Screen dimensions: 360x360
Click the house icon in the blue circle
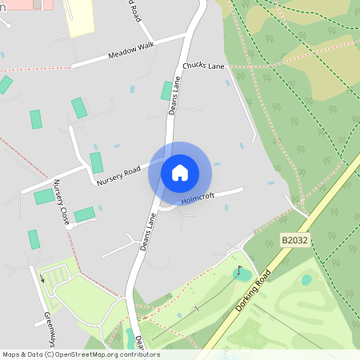coord(180,172)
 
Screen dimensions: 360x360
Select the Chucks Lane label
coord(203,66)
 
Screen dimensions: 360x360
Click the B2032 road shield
coord(294,239)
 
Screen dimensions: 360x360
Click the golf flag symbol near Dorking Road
coord(238,270)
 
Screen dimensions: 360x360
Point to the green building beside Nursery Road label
coord(96,162)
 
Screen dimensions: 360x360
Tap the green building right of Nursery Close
coord(84,214)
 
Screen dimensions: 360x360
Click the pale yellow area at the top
coord(78,16)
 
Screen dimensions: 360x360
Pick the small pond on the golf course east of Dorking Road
coord(306,280)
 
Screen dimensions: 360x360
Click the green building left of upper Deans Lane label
coord(166,90)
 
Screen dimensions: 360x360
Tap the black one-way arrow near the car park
coord(42,279)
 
